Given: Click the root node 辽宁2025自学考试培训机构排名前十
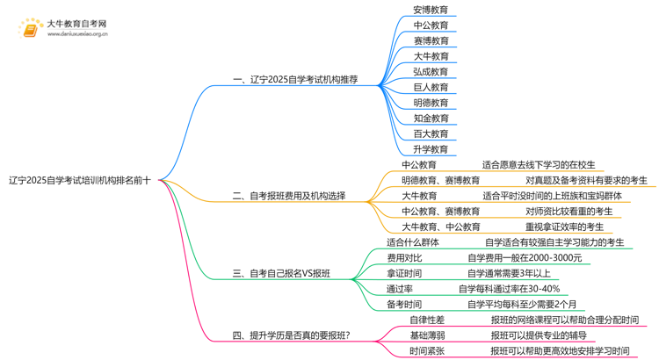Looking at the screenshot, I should [80, 181].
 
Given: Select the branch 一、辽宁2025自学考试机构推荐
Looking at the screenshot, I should [295, 80].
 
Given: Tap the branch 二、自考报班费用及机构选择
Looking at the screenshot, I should [289, 197].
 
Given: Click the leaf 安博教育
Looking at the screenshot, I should [431, 10].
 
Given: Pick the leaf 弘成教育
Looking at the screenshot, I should [431, 72].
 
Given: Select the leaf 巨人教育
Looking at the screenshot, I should [431, 88].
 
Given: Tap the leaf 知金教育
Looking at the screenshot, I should [431, 119].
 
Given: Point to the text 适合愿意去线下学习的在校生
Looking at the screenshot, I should [539, 165].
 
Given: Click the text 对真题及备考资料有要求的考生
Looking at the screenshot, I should [586, 181].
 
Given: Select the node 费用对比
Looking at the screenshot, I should [404, 258].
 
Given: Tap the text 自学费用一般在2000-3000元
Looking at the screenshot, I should [524, 258].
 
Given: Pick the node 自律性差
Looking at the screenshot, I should [427, 320].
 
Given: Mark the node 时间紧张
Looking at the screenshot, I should [427, 351].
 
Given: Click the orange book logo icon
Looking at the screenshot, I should [30, 29].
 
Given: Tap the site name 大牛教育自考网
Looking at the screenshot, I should [76, 24].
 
